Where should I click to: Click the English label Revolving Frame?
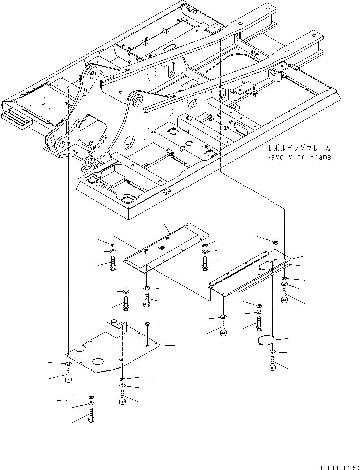pyautogui.click(x=298, y=157)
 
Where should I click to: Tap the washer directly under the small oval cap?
pyautogui.click(x=273, y=352)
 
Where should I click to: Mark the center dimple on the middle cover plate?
pyautogui.click(x=161, y=247)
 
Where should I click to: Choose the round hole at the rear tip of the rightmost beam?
pyautogui.click(x=315, y=36)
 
